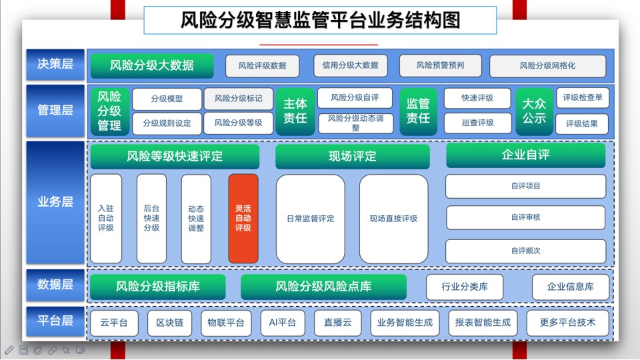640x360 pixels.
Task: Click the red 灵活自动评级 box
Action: click(243, 219)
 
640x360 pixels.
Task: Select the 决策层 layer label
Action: click(55, 65)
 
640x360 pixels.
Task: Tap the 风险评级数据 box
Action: click(263, 66)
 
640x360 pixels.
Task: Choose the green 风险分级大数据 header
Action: click(152, 65)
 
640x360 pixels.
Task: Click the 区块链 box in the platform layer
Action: click(170, 323)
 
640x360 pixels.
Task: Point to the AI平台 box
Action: click(283, 323)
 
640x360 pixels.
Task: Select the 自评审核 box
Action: click(526, 217)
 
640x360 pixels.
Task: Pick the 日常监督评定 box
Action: click(311, 219)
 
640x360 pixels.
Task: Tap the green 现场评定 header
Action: click(353, 156)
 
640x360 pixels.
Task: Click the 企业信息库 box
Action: click(571, 287)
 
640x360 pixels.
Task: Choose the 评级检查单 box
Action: click(583, 97)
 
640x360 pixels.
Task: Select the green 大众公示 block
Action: click(534, 111)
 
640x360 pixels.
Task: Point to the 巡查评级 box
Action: click(477, 123)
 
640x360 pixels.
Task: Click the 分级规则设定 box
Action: click(167, 123)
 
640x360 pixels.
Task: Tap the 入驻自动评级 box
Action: click(106, 219)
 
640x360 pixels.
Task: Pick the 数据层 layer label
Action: click(55, 285)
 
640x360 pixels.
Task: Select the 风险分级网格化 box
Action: click(548, 66)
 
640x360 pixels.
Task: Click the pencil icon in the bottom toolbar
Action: click(9, 350)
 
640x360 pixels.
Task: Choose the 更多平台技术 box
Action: click(568, 323)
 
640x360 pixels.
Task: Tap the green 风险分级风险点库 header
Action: click(324, 287)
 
